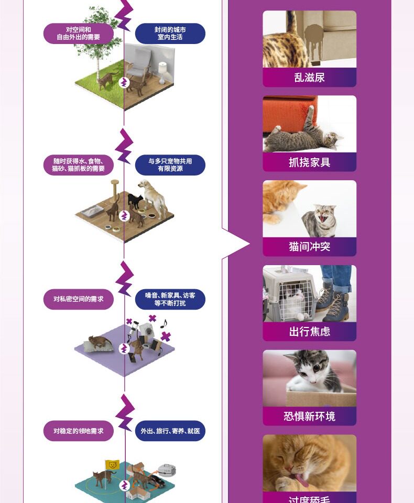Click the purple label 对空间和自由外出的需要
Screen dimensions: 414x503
(x=79, y=34)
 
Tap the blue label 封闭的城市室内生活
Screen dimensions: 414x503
(x=170, y=34)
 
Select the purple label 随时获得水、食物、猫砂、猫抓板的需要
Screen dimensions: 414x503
(x=79, y=165)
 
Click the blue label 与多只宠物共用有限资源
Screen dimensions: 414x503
(x=170, y=165)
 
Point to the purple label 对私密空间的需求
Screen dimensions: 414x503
(x=79, y=299)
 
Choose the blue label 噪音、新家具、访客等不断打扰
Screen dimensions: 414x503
(x=170, y=299)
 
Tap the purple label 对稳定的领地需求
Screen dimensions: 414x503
(x=79, y=431)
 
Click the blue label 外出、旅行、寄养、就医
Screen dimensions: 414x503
(x=170, y=431)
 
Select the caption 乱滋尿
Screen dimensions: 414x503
(x=309, y=78)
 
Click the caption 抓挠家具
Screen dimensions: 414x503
(x=309, y=162)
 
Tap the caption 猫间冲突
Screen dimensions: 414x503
(x=309, y=247)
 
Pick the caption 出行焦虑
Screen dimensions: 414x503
(x=309, y=332)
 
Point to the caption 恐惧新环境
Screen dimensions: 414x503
(x=309, y=417)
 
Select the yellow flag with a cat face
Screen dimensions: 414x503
(x=112, y=464)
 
